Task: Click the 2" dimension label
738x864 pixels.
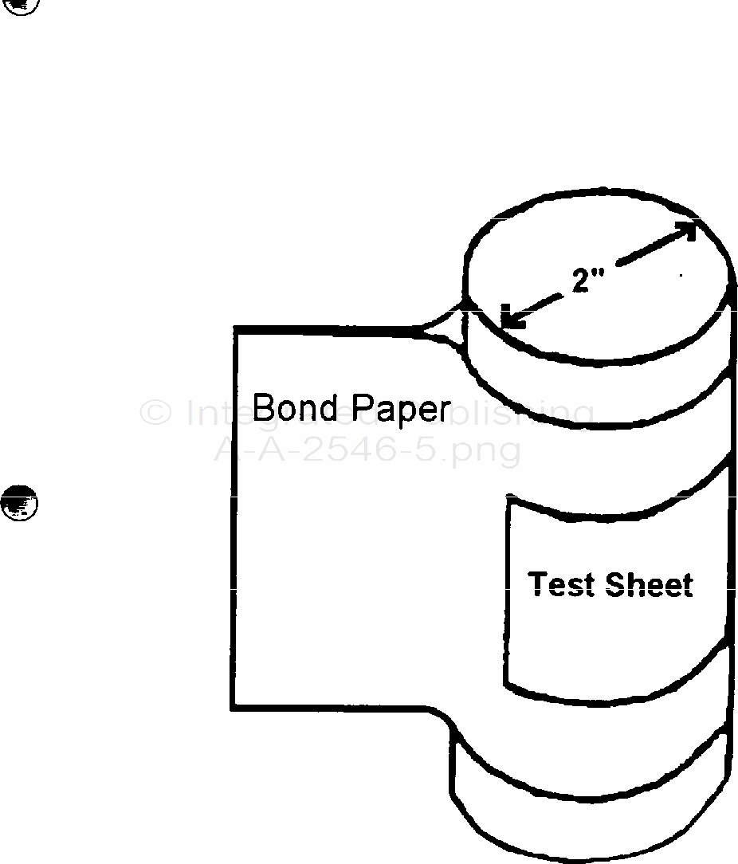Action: point(588,280)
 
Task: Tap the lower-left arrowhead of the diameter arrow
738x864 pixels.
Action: point(510,319)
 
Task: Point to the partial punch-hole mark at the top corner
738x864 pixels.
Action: point(22,5)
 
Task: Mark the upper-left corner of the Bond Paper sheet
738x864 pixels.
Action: point(234,328)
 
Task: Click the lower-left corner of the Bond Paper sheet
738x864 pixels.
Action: point(234,706)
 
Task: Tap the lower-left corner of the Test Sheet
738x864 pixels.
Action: point(508,683)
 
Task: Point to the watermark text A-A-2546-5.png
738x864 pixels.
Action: point(367,450)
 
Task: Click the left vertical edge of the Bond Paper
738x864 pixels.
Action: point(234,518)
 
